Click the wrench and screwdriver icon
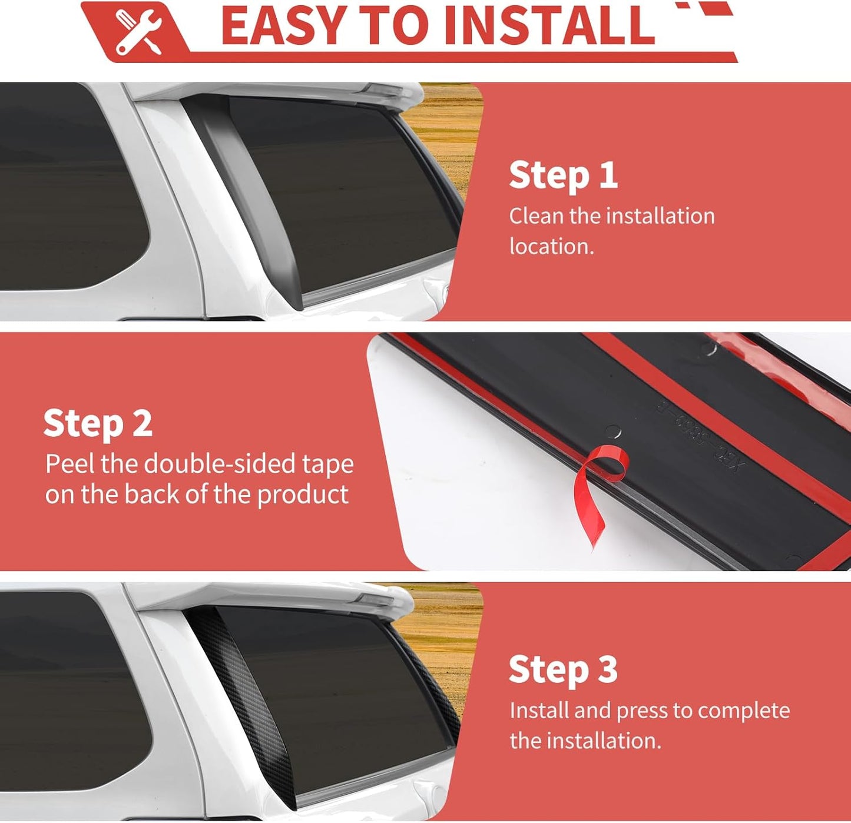coord(138,32)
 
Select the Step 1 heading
coord(563,175)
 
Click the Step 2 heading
coord(98,423)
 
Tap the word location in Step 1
coord(551,247)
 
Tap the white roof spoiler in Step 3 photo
coord(271,598)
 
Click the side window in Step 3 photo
coord(72,691)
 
